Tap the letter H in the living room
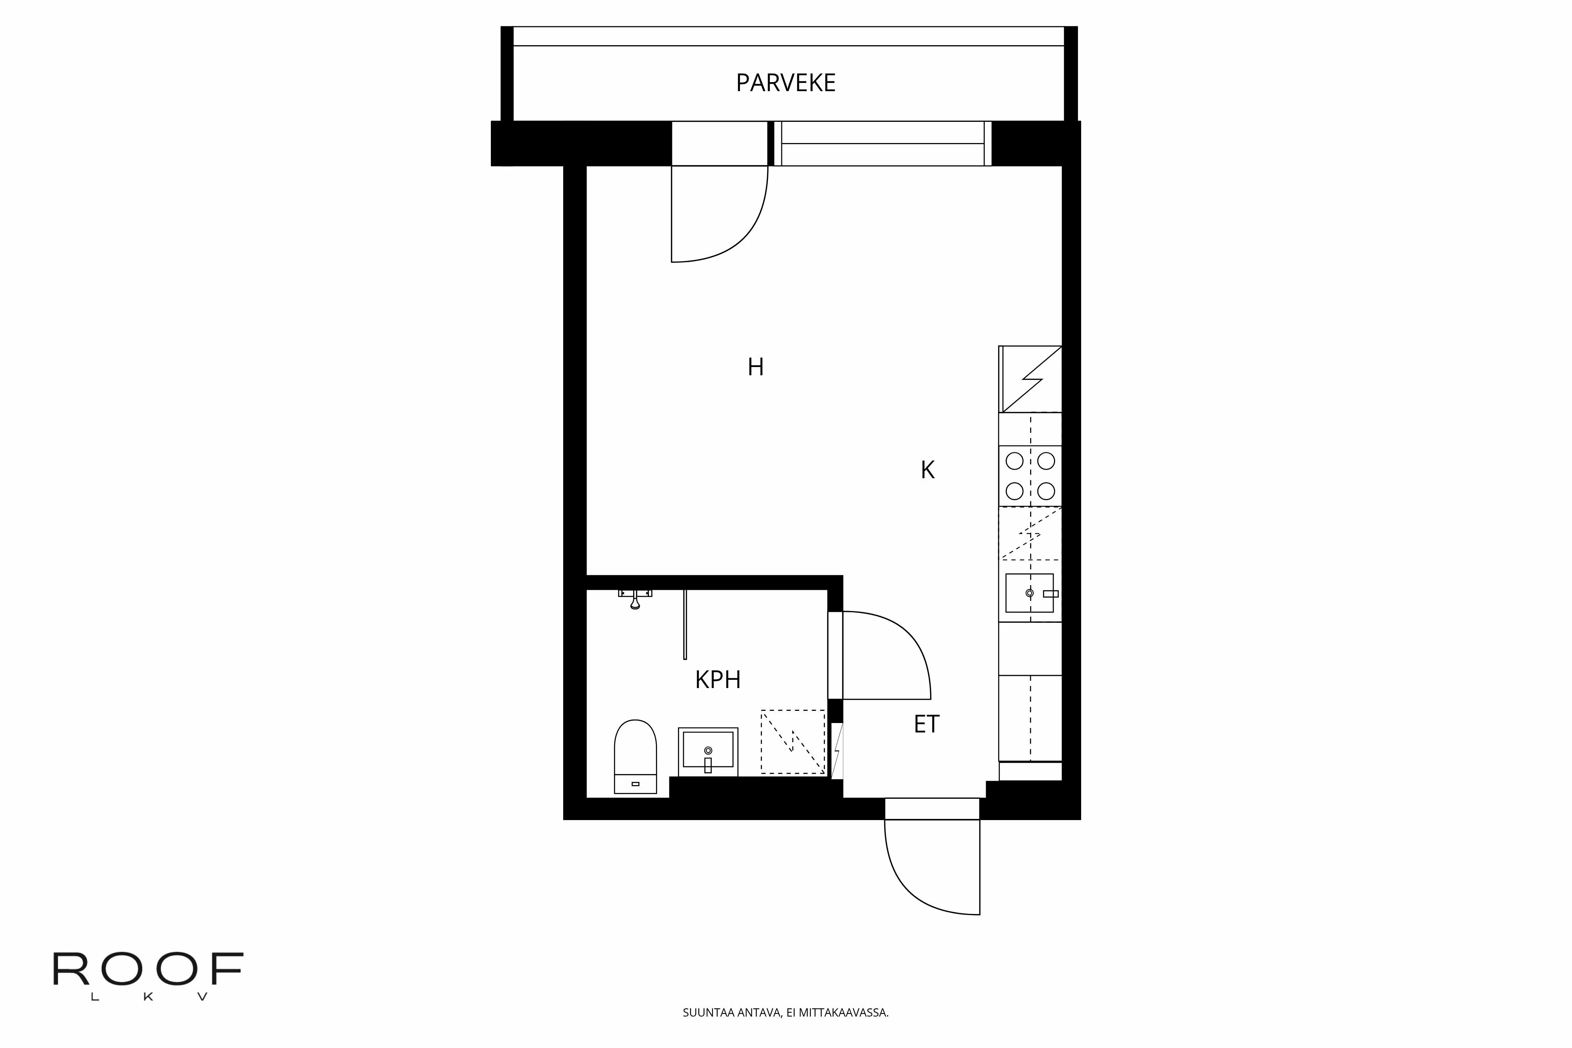coord(755,367)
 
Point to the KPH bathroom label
coord(718,680)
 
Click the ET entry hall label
coord(926,725)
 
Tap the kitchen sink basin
coord(1029,593)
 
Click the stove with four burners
coord(1030,476)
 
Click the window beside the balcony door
coord(882,144)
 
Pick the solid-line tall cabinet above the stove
coord(1030,379)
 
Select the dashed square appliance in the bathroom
coord(793,742)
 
